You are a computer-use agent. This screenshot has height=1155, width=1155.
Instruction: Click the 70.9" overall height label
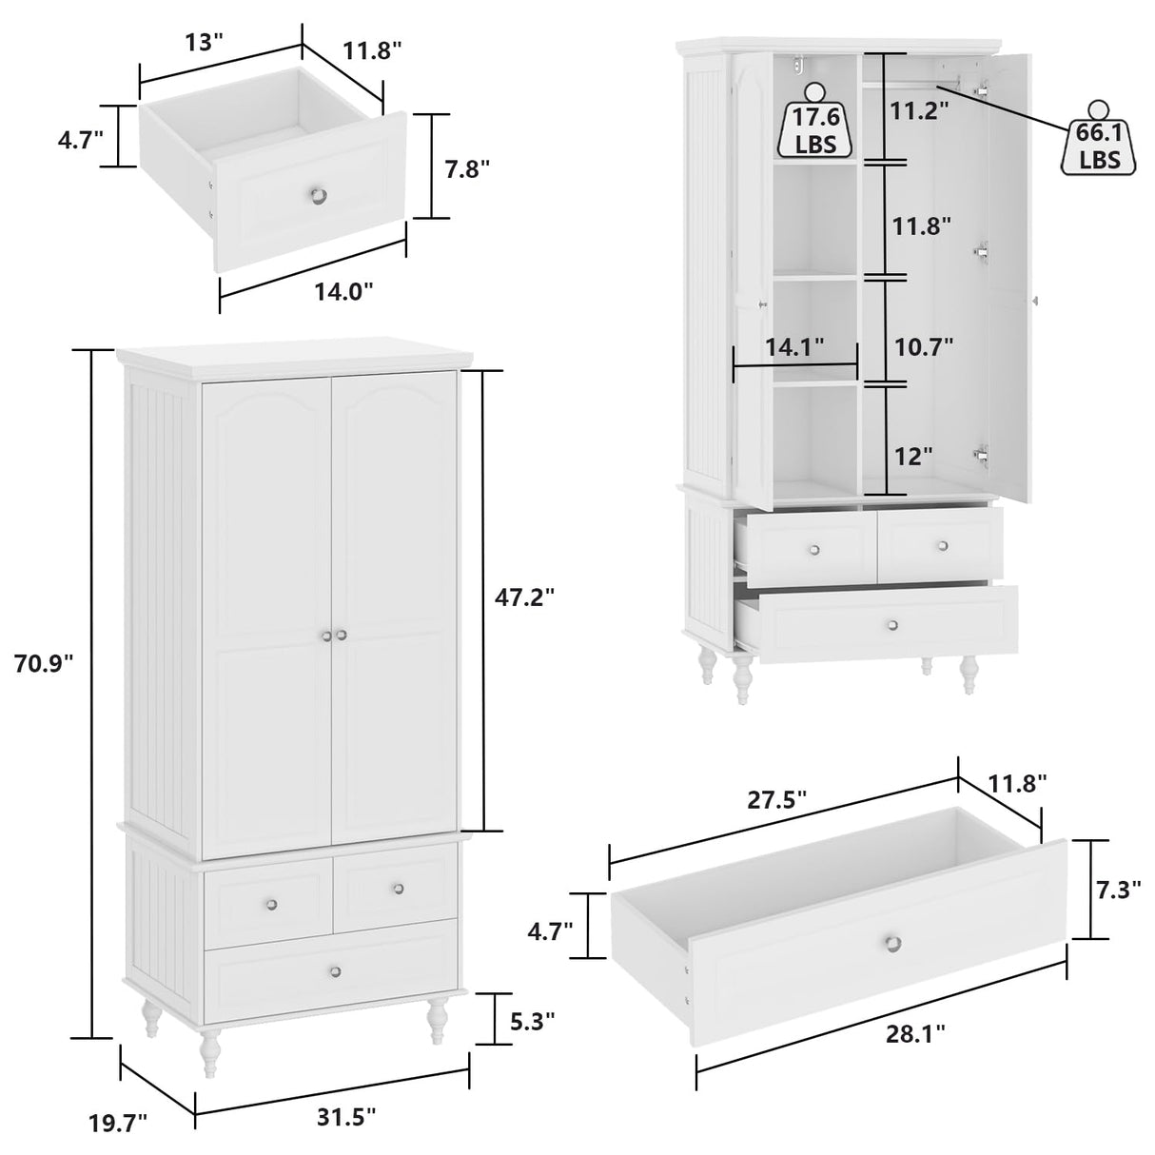pyautogui.click(x=44, y=663)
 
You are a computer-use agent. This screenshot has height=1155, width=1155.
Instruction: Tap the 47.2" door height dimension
pyautogui.click(x=523, y=597)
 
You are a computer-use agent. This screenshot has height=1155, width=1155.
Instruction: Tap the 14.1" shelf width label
pyautogui.click(x=794, y=348)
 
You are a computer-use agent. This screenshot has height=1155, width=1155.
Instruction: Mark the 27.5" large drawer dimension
pyautogui.click(x=776, y=799)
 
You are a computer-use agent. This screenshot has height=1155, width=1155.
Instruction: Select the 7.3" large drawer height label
pyautogui.click(x=1118, y=891)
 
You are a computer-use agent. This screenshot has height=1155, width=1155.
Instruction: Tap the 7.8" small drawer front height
pyautogui.click(x=467, y=168)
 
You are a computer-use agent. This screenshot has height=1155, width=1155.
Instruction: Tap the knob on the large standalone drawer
pyautogui.click(x=892, y=942)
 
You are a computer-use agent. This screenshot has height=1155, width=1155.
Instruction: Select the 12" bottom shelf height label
pyautogui.click(x=913, y=457)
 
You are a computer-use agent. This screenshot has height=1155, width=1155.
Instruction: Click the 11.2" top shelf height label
pyautogui.click(x=920, y=111)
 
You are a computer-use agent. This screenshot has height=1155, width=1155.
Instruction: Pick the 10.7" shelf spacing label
pyautogui.click(x=924, y=347)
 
